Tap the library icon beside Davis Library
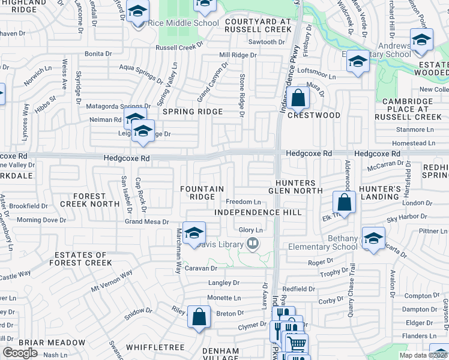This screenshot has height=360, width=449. tap(253, 244)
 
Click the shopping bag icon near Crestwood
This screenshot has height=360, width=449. tap(297, 98)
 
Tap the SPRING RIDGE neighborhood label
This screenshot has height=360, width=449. tap(191, 112)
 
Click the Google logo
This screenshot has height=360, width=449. tap(20, 353)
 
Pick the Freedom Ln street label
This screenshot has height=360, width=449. tap(243, 202)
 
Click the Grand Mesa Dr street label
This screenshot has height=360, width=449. tap(146, 221)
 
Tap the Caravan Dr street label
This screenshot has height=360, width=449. tap(200, 268)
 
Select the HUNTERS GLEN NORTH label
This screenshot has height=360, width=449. tap(292, 187)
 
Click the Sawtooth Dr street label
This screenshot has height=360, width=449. tap(267, 42)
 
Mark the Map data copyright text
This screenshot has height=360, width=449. tap(424, 355)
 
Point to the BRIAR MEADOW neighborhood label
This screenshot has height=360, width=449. tap(52, 343)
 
